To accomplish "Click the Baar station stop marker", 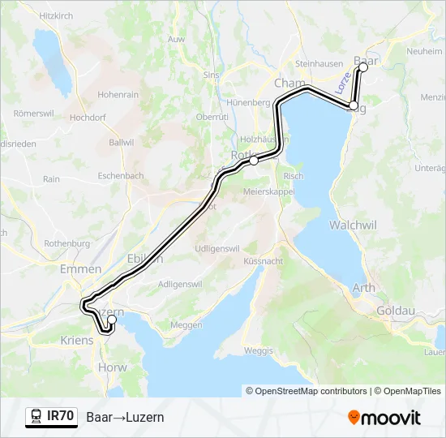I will [x=362, y=68].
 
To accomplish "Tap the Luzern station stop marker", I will [x=112, y=320].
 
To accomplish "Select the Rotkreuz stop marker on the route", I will [x=254, y=161].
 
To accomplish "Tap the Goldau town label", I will [x=397, y=310].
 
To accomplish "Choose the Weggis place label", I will [x=258, y=350].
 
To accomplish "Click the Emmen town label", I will [x=81, y=269].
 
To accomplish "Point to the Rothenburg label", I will [x=66, y=243].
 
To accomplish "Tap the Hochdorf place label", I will [x=87, y=118].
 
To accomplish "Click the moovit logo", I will [x=384, y=418].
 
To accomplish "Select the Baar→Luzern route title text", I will [x=125, y=417].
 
